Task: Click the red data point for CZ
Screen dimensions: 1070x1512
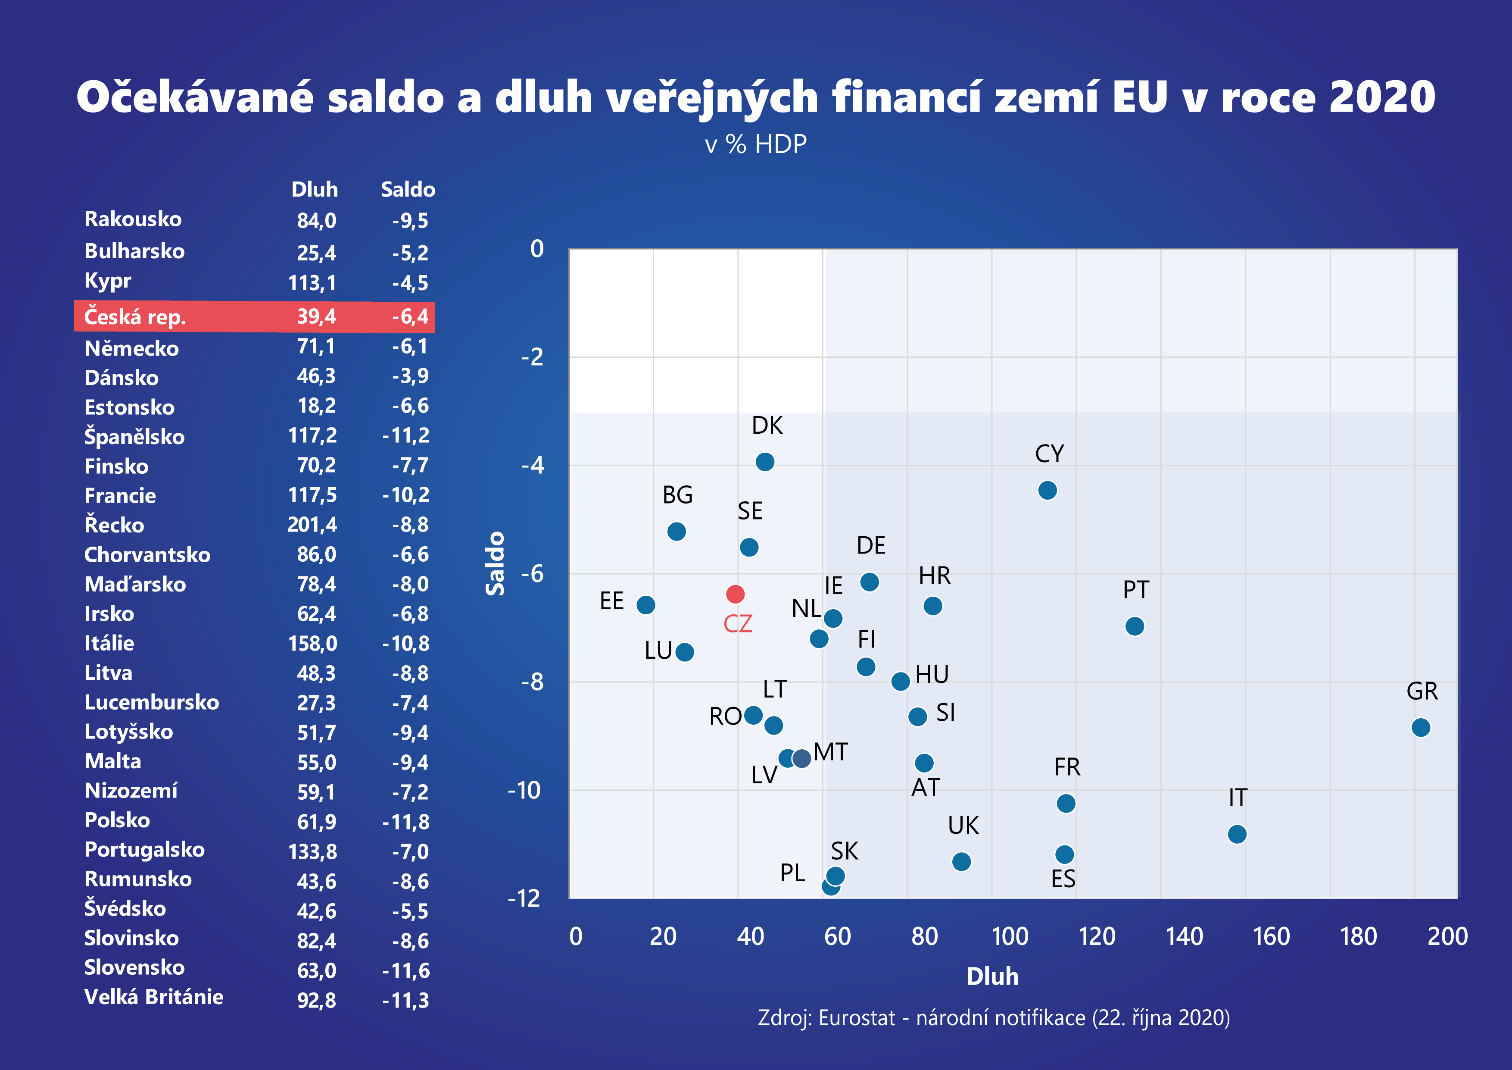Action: [x=735, y=594]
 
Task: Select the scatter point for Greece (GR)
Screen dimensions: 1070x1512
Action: [x=1421, y=727]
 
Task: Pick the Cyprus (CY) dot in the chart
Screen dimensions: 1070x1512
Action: [x=1047, y=490]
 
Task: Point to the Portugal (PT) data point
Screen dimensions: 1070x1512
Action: [x=1134, y=626]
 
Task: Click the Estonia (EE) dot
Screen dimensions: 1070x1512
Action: [x=645, y=605]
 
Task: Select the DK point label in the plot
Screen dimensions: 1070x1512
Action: [x=767, y=425]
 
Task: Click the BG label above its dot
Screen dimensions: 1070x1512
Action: [x=677, y=495]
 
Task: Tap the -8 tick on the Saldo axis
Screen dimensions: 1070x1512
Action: [x=532, y=682]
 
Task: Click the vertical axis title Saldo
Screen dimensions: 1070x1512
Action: [x=495, y=563]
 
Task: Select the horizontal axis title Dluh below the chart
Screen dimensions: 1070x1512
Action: [x=992, y=976]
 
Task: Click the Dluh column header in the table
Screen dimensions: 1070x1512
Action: [x=314, y=190]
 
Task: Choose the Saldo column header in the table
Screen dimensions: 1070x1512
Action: [x=408, y=190]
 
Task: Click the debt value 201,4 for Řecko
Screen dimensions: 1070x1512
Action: [x=312, y=525]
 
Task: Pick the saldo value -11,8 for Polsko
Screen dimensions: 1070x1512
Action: [x=405, y=822]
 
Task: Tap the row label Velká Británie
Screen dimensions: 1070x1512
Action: [x=153, y=997]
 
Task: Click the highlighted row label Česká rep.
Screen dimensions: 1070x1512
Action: [x=135, y=317]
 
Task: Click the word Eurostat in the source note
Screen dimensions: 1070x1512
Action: [x=857, y=1018]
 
